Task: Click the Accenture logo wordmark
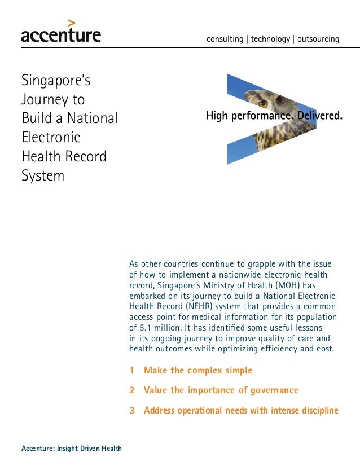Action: coord(61,36)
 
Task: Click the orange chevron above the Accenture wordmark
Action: coord(71,23)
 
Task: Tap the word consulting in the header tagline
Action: coord(225,39)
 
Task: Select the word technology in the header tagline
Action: coord(270,39)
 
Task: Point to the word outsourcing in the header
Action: coord(318,39)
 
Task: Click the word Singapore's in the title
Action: coord(56,81)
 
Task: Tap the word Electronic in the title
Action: coord(51,137)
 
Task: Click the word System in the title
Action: coord(43,175)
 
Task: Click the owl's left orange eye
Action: coord(262,104)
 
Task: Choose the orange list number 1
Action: coord(132,371)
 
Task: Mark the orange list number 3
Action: coord(132,411)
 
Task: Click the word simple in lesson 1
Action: coord(239,371)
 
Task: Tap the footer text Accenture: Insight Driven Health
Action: coord(71,449)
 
